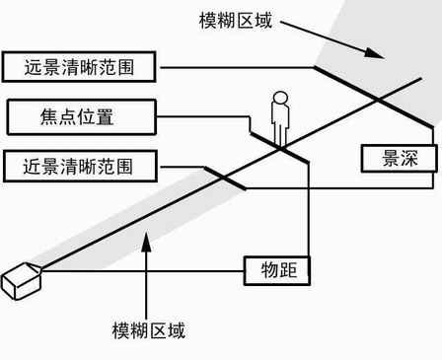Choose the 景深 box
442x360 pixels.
pos(397,158)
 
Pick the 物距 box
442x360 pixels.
pos(278,269)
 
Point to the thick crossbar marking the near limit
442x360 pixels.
pos(225,179)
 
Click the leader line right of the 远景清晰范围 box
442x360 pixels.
pos(237,67)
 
